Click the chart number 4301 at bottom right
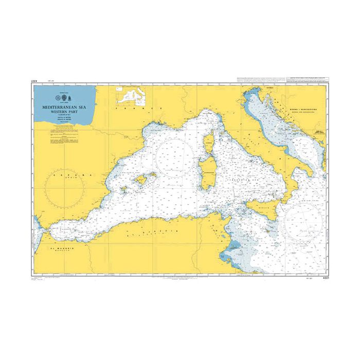coord(321,278)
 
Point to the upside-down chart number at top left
coord(34,81)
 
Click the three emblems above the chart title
coord(65,97)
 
